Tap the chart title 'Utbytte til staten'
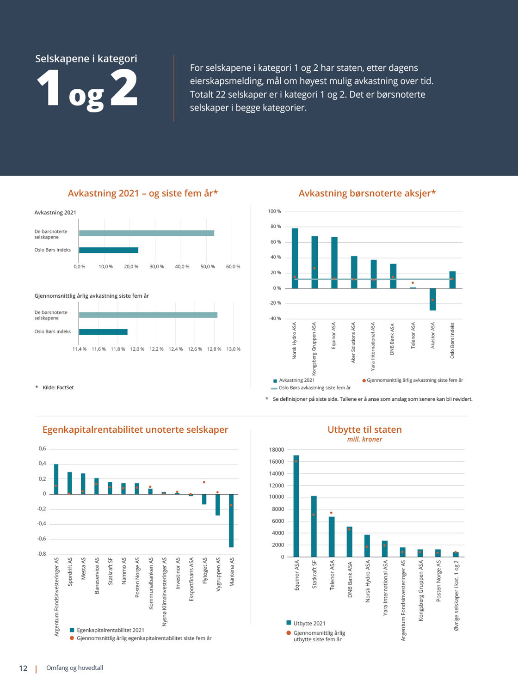point(364,429)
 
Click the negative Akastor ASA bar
point(432,299)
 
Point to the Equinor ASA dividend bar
point(296,506)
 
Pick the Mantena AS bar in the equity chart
point(231,521)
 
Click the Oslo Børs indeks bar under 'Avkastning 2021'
point(108,250)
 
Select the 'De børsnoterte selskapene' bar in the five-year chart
point(148,315)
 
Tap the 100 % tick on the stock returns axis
point(274,211)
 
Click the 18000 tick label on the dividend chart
point(277,450)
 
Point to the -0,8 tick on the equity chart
point(42,554)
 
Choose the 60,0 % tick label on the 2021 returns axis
point(233,267)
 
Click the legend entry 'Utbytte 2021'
point(309,623)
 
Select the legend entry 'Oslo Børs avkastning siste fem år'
point(314,388)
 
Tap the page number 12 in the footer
point(23,668)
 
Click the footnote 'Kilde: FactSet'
point(58,387)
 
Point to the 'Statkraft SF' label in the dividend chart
point(314,575)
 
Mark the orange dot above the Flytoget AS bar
point(204,482)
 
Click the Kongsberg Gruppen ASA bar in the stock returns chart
point(314,262)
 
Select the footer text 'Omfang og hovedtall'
point(74,668)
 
